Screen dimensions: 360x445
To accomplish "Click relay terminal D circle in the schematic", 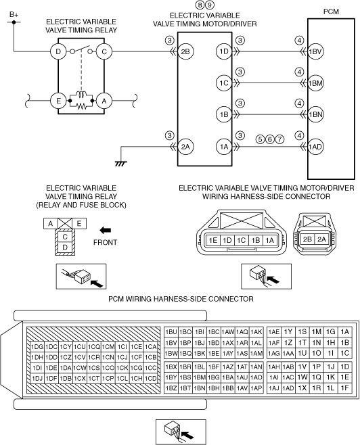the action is pos(58,51).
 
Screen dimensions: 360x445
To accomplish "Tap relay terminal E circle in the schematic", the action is pos(58,101).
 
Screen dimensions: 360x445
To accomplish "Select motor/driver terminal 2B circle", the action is pos(185,51).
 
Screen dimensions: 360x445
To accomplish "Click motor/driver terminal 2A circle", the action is pos(185,147).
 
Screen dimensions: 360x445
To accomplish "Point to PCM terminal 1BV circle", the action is pos(315,51).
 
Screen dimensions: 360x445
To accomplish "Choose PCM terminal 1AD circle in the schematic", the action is pos(315,147).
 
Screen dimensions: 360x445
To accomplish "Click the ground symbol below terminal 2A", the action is pos(121,164).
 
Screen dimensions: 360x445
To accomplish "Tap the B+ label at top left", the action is pos(14,14).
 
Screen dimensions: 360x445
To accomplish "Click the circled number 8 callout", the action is pos(200,5).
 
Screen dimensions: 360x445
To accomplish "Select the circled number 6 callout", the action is pos(270,139).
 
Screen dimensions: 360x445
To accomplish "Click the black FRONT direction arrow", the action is pos(105,230).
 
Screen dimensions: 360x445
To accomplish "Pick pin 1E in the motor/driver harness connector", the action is pos(213,240).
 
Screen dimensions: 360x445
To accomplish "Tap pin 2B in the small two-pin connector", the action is pos(307,239).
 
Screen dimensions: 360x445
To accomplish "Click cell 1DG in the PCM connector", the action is pos(37,347).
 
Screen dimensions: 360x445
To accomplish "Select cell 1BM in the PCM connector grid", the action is pos(200,377).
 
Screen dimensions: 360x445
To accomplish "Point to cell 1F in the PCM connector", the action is pos(344,388).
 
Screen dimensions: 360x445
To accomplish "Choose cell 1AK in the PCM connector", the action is pos(256,332).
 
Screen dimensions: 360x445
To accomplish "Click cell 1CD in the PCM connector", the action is pos(150,378).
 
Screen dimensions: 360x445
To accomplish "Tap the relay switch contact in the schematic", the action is pos(81,49).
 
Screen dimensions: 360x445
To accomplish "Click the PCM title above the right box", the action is pos(331,11).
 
